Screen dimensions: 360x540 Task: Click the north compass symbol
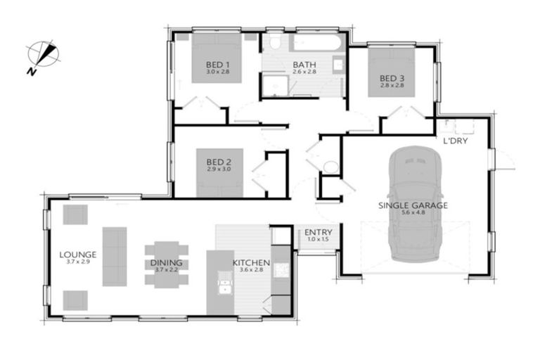click(x=43, y=54)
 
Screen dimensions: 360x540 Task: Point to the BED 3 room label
click(x=392, y=77)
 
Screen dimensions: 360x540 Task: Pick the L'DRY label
click(x=456, y=141)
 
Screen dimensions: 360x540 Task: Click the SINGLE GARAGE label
click(x=413, y=205)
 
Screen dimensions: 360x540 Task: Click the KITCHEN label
click(x=250, y=264)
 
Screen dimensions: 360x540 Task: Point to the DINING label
click(x=166, y=263)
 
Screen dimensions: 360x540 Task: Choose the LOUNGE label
click(x=77, y=254)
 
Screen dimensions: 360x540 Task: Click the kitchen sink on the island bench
click(x=225, y=288)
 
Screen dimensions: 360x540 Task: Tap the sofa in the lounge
click(x=114, y=256)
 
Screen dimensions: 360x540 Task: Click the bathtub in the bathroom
click(x=314, y=44)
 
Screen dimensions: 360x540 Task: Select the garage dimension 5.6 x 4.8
click(x=413, y=214)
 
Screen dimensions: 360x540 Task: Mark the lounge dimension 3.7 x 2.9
click(x=77, y=262)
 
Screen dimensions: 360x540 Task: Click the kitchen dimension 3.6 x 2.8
click(x=250, y=271)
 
